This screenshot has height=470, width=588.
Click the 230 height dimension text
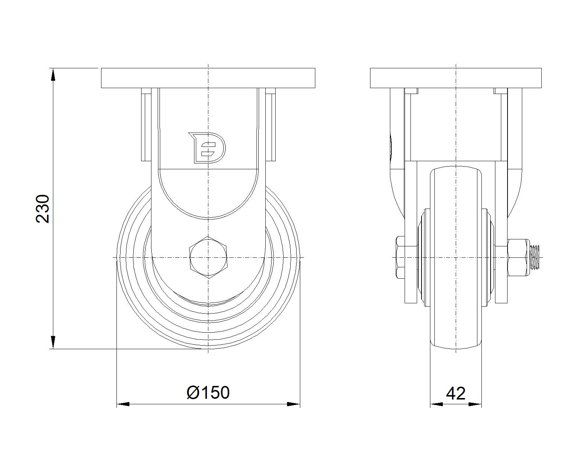click(x=43, y=209)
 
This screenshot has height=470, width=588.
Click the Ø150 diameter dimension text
click(x=208, y=393)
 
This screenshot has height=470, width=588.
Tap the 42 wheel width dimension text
click(x=455, y=394)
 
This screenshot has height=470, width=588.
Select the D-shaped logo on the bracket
click(x=207, y=148)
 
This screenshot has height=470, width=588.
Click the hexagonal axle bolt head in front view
click(x=208, y=257)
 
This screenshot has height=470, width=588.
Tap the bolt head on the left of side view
click(x=400, y=257)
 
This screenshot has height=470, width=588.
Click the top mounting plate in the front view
click(x=208, y=78)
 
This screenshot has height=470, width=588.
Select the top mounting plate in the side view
click(x=456, y=78)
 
